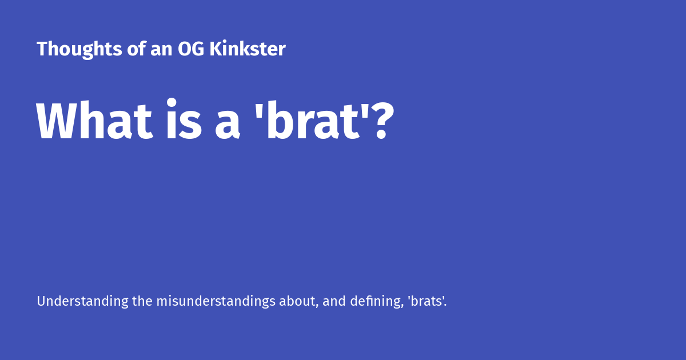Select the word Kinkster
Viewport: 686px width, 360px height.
tap(247, 49)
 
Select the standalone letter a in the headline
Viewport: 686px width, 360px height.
tap(228, 126)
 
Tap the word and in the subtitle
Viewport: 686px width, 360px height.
tap(333, 301)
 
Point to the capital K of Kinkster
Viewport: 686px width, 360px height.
tap(216, 49)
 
